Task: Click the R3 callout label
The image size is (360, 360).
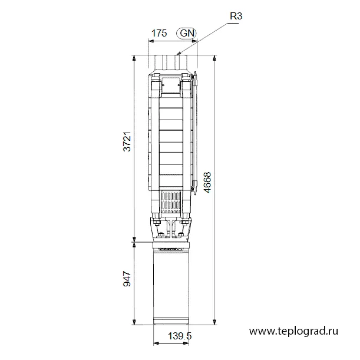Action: point(236,16)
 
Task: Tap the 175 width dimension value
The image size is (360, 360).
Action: point(159,34)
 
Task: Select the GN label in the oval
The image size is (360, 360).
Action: point(187,34)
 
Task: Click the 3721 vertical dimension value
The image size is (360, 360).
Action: point(127,141)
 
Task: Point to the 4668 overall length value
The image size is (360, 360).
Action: point(207,183)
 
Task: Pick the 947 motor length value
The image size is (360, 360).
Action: point(127,279)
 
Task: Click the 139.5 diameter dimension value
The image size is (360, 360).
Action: point(180,336)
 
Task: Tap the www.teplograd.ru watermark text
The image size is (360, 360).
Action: point(293,331)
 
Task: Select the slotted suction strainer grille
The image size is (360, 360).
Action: point(171,202)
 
